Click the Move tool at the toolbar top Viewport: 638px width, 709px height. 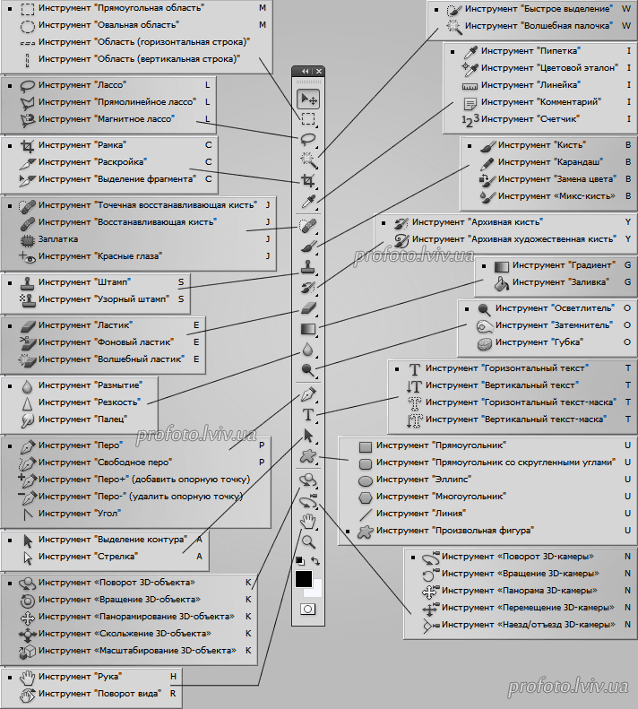tap(308, 99)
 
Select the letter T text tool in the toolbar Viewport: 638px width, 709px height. tap(308, 414)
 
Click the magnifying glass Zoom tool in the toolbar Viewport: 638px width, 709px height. tap(308, 541)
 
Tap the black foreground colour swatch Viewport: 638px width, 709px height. tap(304, 578)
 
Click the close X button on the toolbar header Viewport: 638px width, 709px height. tap(319, 71)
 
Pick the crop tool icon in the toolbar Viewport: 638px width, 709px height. tap(308, 181)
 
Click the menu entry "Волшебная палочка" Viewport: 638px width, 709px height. tap(538, 26)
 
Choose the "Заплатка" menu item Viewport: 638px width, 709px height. tap(58, 238)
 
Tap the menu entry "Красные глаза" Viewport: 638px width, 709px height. tap(100, 256)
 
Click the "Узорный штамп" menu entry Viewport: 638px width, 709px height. tap(104, 298)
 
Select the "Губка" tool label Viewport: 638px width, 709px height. tap(539, 342)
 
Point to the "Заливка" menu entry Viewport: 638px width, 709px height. tap(561, 281)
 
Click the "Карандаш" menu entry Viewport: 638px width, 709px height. tap(551, 162)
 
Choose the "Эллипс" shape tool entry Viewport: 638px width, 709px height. tap(424, 479)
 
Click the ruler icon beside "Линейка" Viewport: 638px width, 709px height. tap(470, 86)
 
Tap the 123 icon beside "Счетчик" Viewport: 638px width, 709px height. tap(470, 120)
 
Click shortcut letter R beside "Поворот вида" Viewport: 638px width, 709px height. tap(173, 693)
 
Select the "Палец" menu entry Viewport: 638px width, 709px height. tap(82, 419)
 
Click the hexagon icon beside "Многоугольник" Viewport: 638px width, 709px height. tap(366, 497)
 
